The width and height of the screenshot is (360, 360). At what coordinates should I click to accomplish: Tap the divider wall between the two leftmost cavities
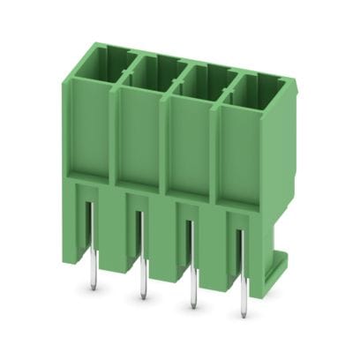tap(124, 62)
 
